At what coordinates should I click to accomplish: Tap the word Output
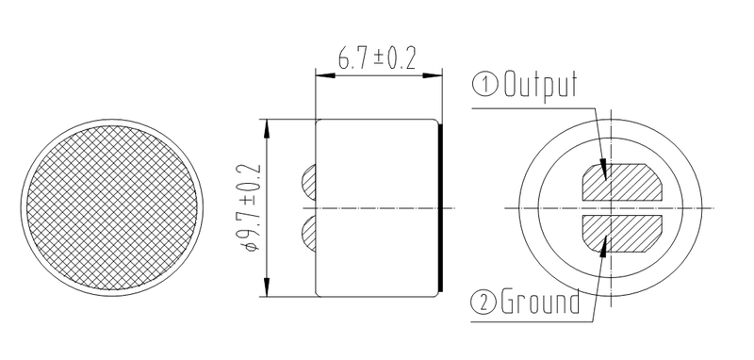coord(539,86)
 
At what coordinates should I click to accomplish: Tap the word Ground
coord(541,303)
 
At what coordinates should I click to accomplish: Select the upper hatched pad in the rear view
coord(622,183)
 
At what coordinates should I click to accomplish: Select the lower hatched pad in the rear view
coord(622,232)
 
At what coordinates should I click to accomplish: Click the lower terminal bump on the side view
coord(308,231)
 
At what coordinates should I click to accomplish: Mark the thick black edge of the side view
coord(441,206)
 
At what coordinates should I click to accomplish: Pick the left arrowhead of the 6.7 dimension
coord(320,74)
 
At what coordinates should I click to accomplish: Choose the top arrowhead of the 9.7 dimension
coord(270,125)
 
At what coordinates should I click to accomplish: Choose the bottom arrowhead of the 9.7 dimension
coord(270,288)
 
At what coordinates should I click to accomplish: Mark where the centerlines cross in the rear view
coord(612,207)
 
